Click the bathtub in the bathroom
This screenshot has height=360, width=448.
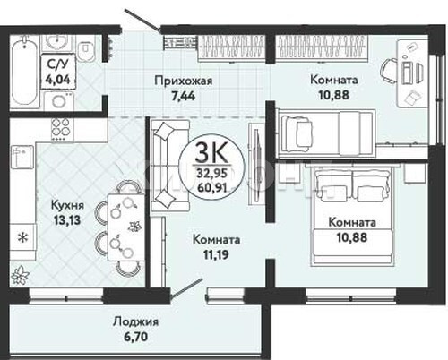(25, 71)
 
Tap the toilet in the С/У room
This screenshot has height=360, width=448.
(85, 47)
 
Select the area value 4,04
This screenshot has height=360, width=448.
(57, 79)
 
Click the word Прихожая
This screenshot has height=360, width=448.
(184, 81)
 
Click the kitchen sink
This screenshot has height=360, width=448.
(22, 157)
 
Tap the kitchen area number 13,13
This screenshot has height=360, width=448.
(67, 220)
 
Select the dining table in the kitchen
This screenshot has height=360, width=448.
(125, 227)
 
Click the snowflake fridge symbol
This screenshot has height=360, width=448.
(22, 238)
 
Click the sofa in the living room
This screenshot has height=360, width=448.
(169, 166)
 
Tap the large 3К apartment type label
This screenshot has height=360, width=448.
(211, 153)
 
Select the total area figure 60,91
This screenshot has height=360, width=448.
(212, 187)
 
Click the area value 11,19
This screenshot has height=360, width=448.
(216, 255)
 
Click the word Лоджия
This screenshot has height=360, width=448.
(136, 321)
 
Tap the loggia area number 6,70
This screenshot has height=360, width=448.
(136, 337)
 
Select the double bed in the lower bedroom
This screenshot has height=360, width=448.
(351, 215)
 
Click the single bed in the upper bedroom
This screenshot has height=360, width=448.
(326, 133)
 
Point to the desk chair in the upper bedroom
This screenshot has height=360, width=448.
(389, 71)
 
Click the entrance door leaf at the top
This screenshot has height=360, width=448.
(142, 20)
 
